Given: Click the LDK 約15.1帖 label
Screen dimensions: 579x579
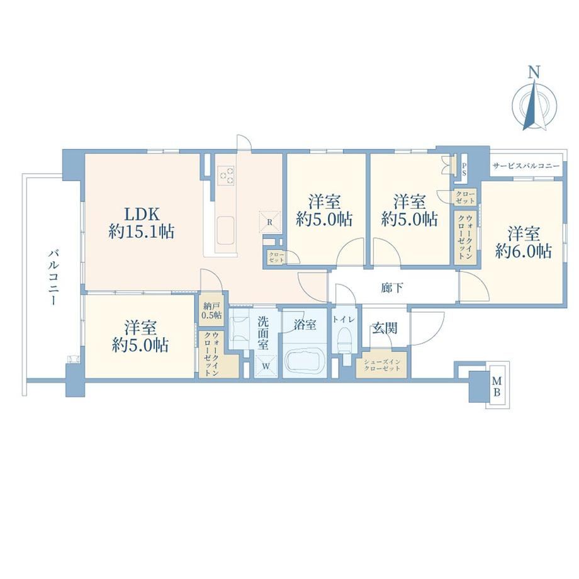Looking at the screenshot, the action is (x=142, y=223).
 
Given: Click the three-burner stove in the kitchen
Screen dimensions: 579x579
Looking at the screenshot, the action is (x=226, y=176).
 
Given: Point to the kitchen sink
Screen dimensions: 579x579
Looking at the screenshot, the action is (x=225, y=231).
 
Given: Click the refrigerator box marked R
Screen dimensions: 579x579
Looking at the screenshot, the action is (x=270, y=222).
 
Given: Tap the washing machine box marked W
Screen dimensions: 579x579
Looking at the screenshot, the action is (x=266, y=366).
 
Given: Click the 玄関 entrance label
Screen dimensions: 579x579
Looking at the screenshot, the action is (x=385, y=327).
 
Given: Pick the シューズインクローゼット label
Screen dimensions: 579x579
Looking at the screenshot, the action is (x=382, y=365).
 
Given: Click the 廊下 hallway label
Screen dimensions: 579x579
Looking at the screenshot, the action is (x=392, y=287).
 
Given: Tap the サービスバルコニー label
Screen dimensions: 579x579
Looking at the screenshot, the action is (x=526, y=166).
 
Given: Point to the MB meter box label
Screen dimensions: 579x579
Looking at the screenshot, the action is (x=497, y=386).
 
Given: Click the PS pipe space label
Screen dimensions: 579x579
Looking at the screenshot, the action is (x=464, y=169).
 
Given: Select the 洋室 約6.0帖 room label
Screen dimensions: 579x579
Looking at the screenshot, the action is (x=523, y=242).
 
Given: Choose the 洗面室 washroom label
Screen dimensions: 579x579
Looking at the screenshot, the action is (x=263, y=333).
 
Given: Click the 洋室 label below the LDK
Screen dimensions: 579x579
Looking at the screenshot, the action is (x=140, y=328).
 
